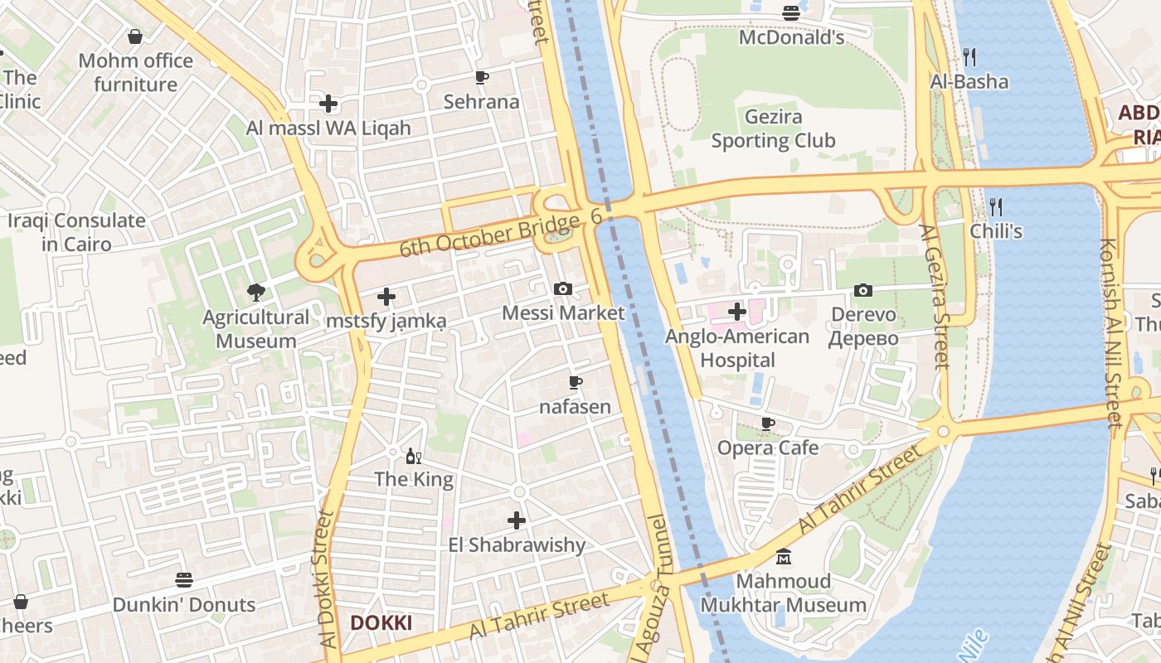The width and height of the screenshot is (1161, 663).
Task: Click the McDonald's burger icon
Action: [x=791, y=13]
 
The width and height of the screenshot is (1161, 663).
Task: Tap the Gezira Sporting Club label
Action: [x=773, y=129]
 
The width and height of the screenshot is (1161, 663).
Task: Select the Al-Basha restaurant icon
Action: [x=969, y=56]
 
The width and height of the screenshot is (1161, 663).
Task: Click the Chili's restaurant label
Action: [x=996, y=231]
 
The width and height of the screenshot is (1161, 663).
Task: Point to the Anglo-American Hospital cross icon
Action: [x=737, y=312]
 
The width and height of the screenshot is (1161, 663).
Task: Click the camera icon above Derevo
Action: [x=863, y=290]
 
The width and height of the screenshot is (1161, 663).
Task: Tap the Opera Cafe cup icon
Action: [x=768, y=423]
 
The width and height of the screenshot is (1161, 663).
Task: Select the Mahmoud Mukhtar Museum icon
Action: [x=783, y=557]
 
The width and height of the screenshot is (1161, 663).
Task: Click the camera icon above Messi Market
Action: [x=563, y=288]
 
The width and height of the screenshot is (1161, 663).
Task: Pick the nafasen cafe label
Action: [x=575, y=407]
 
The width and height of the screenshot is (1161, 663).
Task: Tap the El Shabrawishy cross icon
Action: [x=517, y=520]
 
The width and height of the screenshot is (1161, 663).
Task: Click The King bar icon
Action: [x=413, y=455]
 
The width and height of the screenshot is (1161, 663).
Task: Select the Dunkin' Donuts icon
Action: [x=184, y=580]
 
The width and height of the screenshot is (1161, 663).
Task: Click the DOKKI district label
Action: [x=381, y=623]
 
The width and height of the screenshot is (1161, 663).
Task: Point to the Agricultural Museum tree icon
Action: [x=255, y=292]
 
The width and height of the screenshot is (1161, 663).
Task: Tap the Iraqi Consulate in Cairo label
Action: [x=76, y=233]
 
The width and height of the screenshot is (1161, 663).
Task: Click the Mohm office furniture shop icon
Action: [x=135, y=36]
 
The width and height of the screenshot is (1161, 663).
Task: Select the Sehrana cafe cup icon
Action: [x=481, y=78]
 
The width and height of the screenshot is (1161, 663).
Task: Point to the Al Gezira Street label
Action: [x=935, y=297]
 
